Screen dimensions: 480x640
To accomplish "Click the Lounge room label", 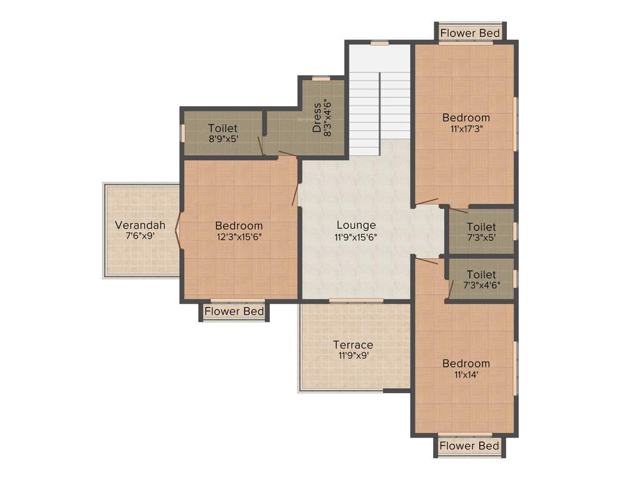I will click(356, 225).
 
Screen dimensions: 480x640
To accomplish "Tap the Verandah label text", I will click(140, 225).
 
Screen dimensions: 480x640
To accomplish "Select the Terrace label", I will click(352, 344).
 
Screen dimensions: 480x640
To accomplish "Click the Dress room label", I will click(317, 117).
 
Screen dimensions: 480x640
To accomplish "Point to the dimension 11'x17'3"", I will click(466, 128).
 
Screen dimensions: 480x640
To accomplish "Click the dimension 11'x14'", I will click(466, 374).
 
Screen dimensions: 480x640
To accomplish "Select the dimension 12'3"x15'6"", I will click(239, 237).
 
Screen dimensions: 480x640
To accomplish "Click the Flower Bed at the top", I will click(470, 32).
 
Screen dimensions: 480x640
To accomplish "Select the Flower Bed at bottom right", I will click(469, 446).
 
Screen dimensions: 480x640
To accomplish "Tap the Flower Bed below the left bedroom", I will click(234, 311).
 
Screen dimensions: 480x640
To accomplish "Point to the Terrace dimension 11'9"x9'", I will click(352, 356).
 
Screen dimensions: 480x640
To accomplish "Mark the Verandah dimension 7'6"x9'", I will click(140, 236).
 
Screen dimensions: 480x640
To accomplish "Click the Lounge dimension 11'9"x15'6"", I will click(356, 237).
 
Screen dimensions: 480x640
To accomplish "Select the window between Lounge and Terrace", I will click(356, 301).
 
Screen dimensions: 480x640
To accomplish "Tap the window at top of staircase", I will click(379, 43).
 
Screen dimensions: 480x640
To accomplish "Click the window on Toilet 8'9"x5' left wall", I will click(183, 133).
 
